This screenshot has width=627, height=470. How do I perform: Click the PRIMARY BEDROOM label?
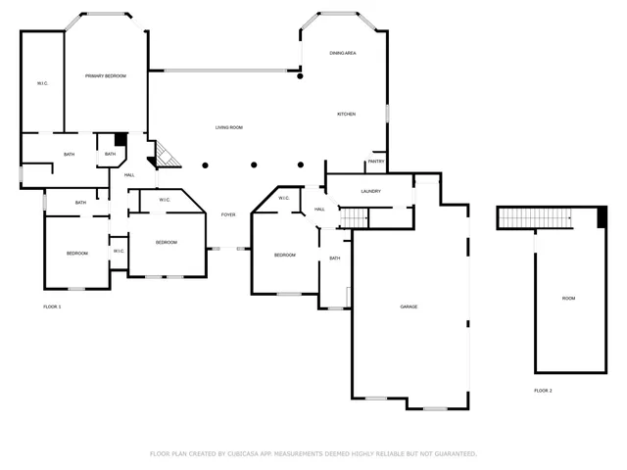coord(105,75)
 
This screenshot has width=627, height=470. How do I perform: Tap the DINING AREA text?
coord(342,52)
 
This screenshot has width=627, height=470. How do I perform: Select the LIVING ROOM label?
coord(229,127)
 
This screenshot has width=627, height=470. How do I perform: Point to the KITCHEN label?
coord(346,115)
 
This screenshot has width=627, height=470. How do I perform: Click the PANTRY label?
coord(376,162)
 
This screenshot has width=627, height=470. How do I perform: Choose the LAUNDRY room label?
coord(370,191)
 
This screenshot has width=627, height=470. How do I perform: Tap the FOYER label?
coord(227,213)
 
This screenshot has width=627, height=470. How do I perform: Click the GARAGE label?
coord(409,306)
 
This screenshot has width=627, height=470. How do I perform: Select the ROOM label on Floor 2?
coord(568,298)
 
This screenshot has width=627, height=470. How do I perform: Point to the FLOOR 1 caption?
coord(52,307)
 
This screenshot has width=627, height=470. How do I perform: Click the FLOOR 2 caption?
coord(543,391)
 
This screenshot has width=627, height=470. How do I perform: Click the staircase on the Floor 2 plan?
coord(536,217)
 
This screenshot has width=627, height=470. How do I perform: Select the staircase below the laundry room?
coord(354,216)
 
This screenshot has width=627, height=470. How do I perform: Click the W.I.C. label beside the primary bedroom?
coord(43,83)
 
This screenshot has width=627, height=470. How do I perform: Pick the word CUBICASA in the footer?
coord(246,454)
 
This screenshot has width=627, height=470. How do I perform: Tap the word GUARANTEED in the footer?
coord(452,454)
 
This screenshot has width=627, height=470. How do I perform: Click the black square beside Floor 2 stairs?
coord(601,217)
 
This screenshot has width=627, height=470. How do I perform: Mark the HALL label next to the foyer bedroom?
coord(319,210)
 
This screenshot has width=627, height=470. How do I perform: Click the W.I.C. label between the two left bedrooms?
coord(118,251)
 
